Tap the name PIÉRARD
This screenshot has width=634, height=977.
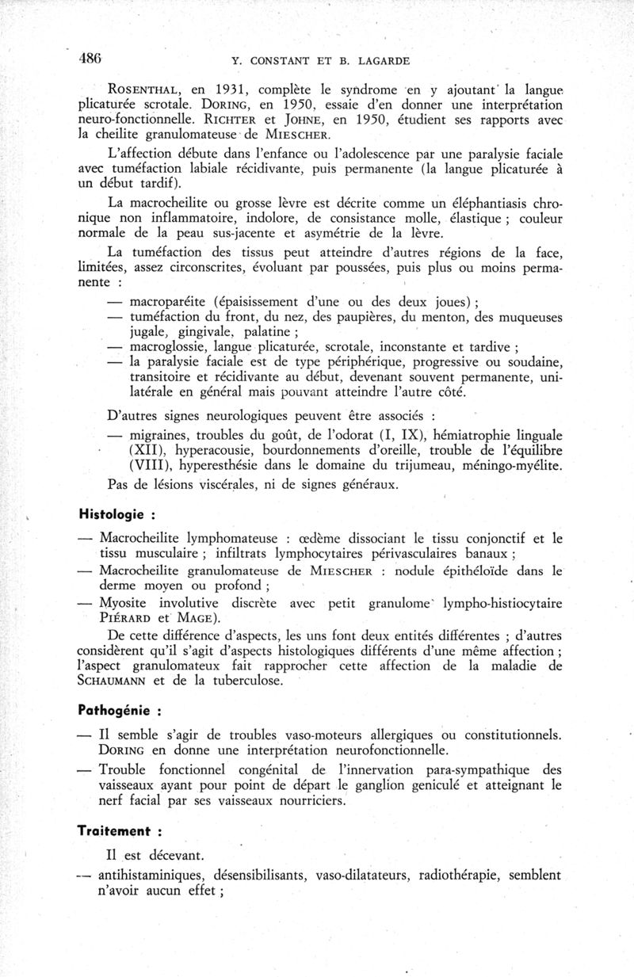click(x=128, y=619)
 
